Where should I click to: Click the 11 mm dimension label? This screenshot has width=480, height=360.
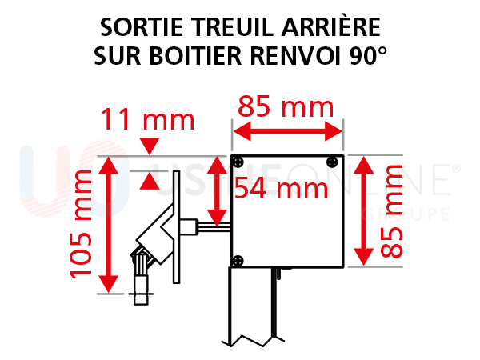[x=147, y=120]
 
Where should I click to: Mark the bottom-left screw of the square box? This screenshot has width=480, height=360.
[x=238, y=260]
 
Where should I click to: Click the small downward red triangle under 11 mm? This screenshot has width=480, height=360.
[x=148, y=146]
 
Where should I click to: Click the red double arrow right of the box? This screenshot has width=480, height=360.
[x=363, y=210]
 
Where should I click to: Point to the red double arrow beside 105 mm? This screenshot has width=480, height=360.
[x=110, y=225]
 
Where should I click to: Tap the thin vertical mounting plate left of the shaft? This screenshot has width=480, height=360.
[x=177, y=223]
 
